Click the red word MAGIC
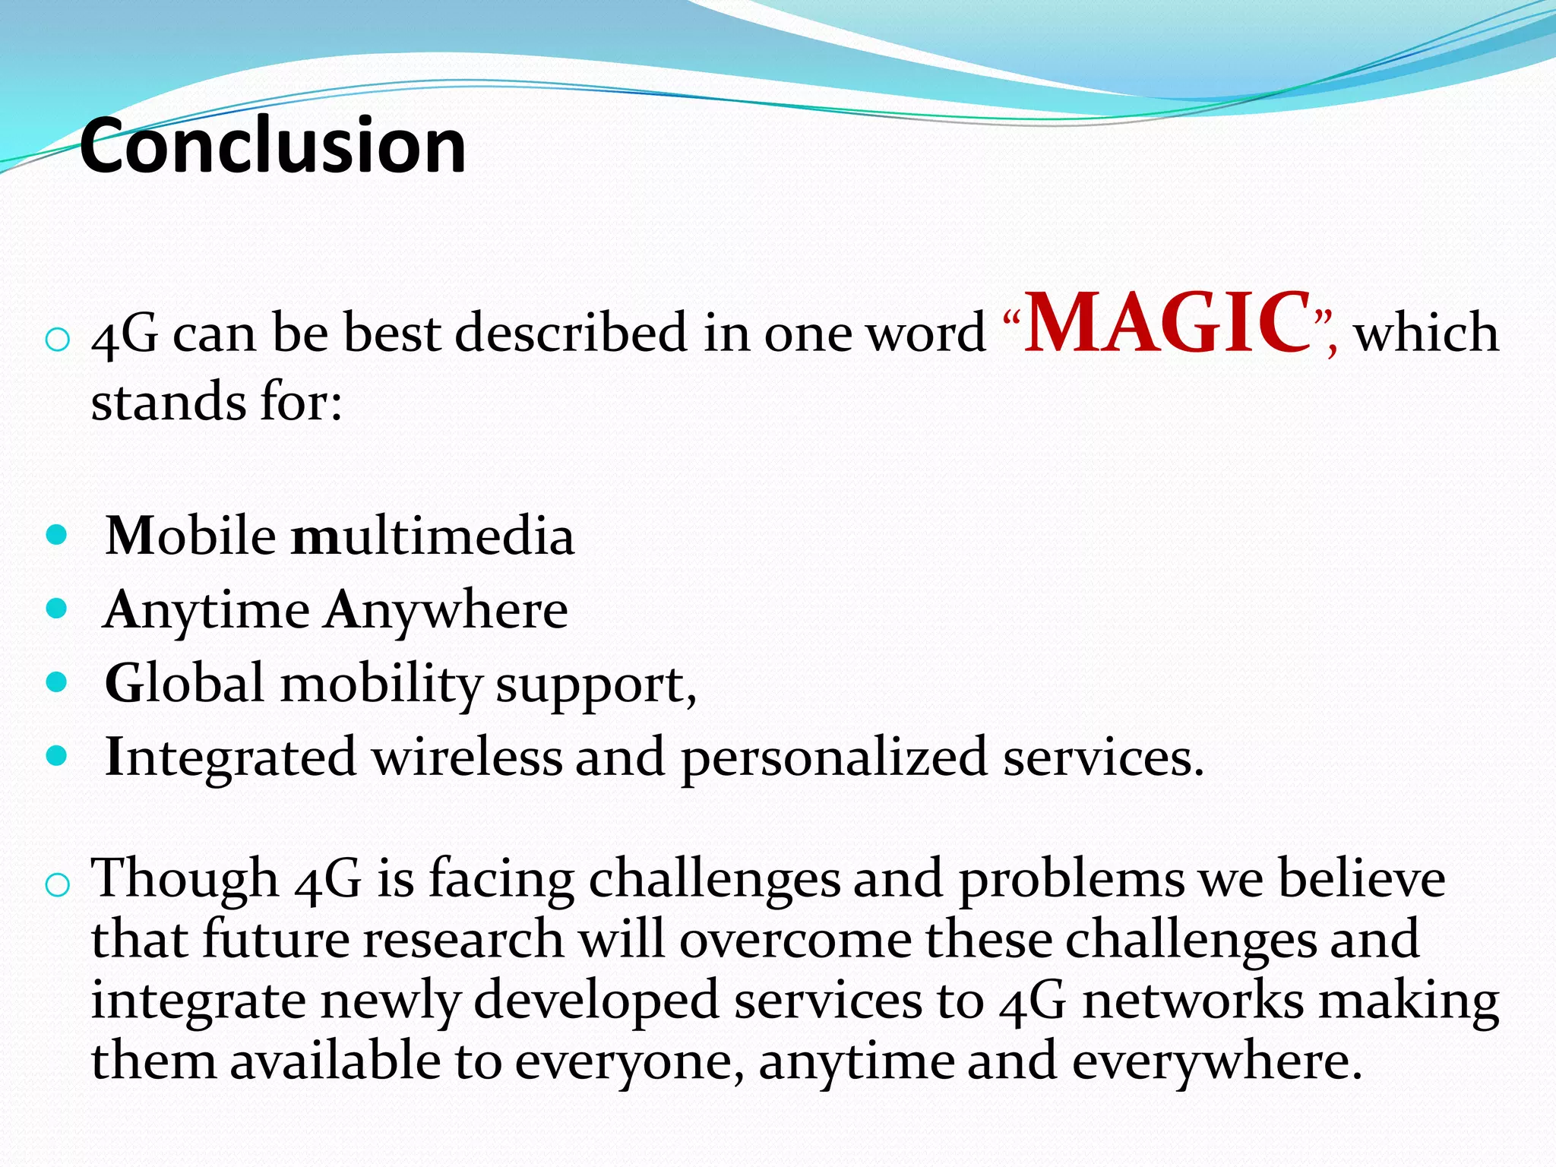click(1168, 323)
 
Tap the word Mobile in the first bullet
click(191, 536)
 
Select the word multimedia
click(433, 536)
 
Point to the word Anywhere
click(447, 610)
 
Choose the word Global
click(185, 682)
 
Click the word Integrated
click(230, 757)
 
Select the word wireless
click(467, 757)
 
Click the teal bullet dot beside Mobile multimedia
click(57, 535)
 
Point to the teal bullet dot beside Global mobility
click(57, 682)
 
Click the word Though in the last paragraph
click(185, 879)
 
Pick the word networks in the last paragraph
click(1194, 1001)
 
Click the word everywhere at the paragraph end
click(1216, 1061)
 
